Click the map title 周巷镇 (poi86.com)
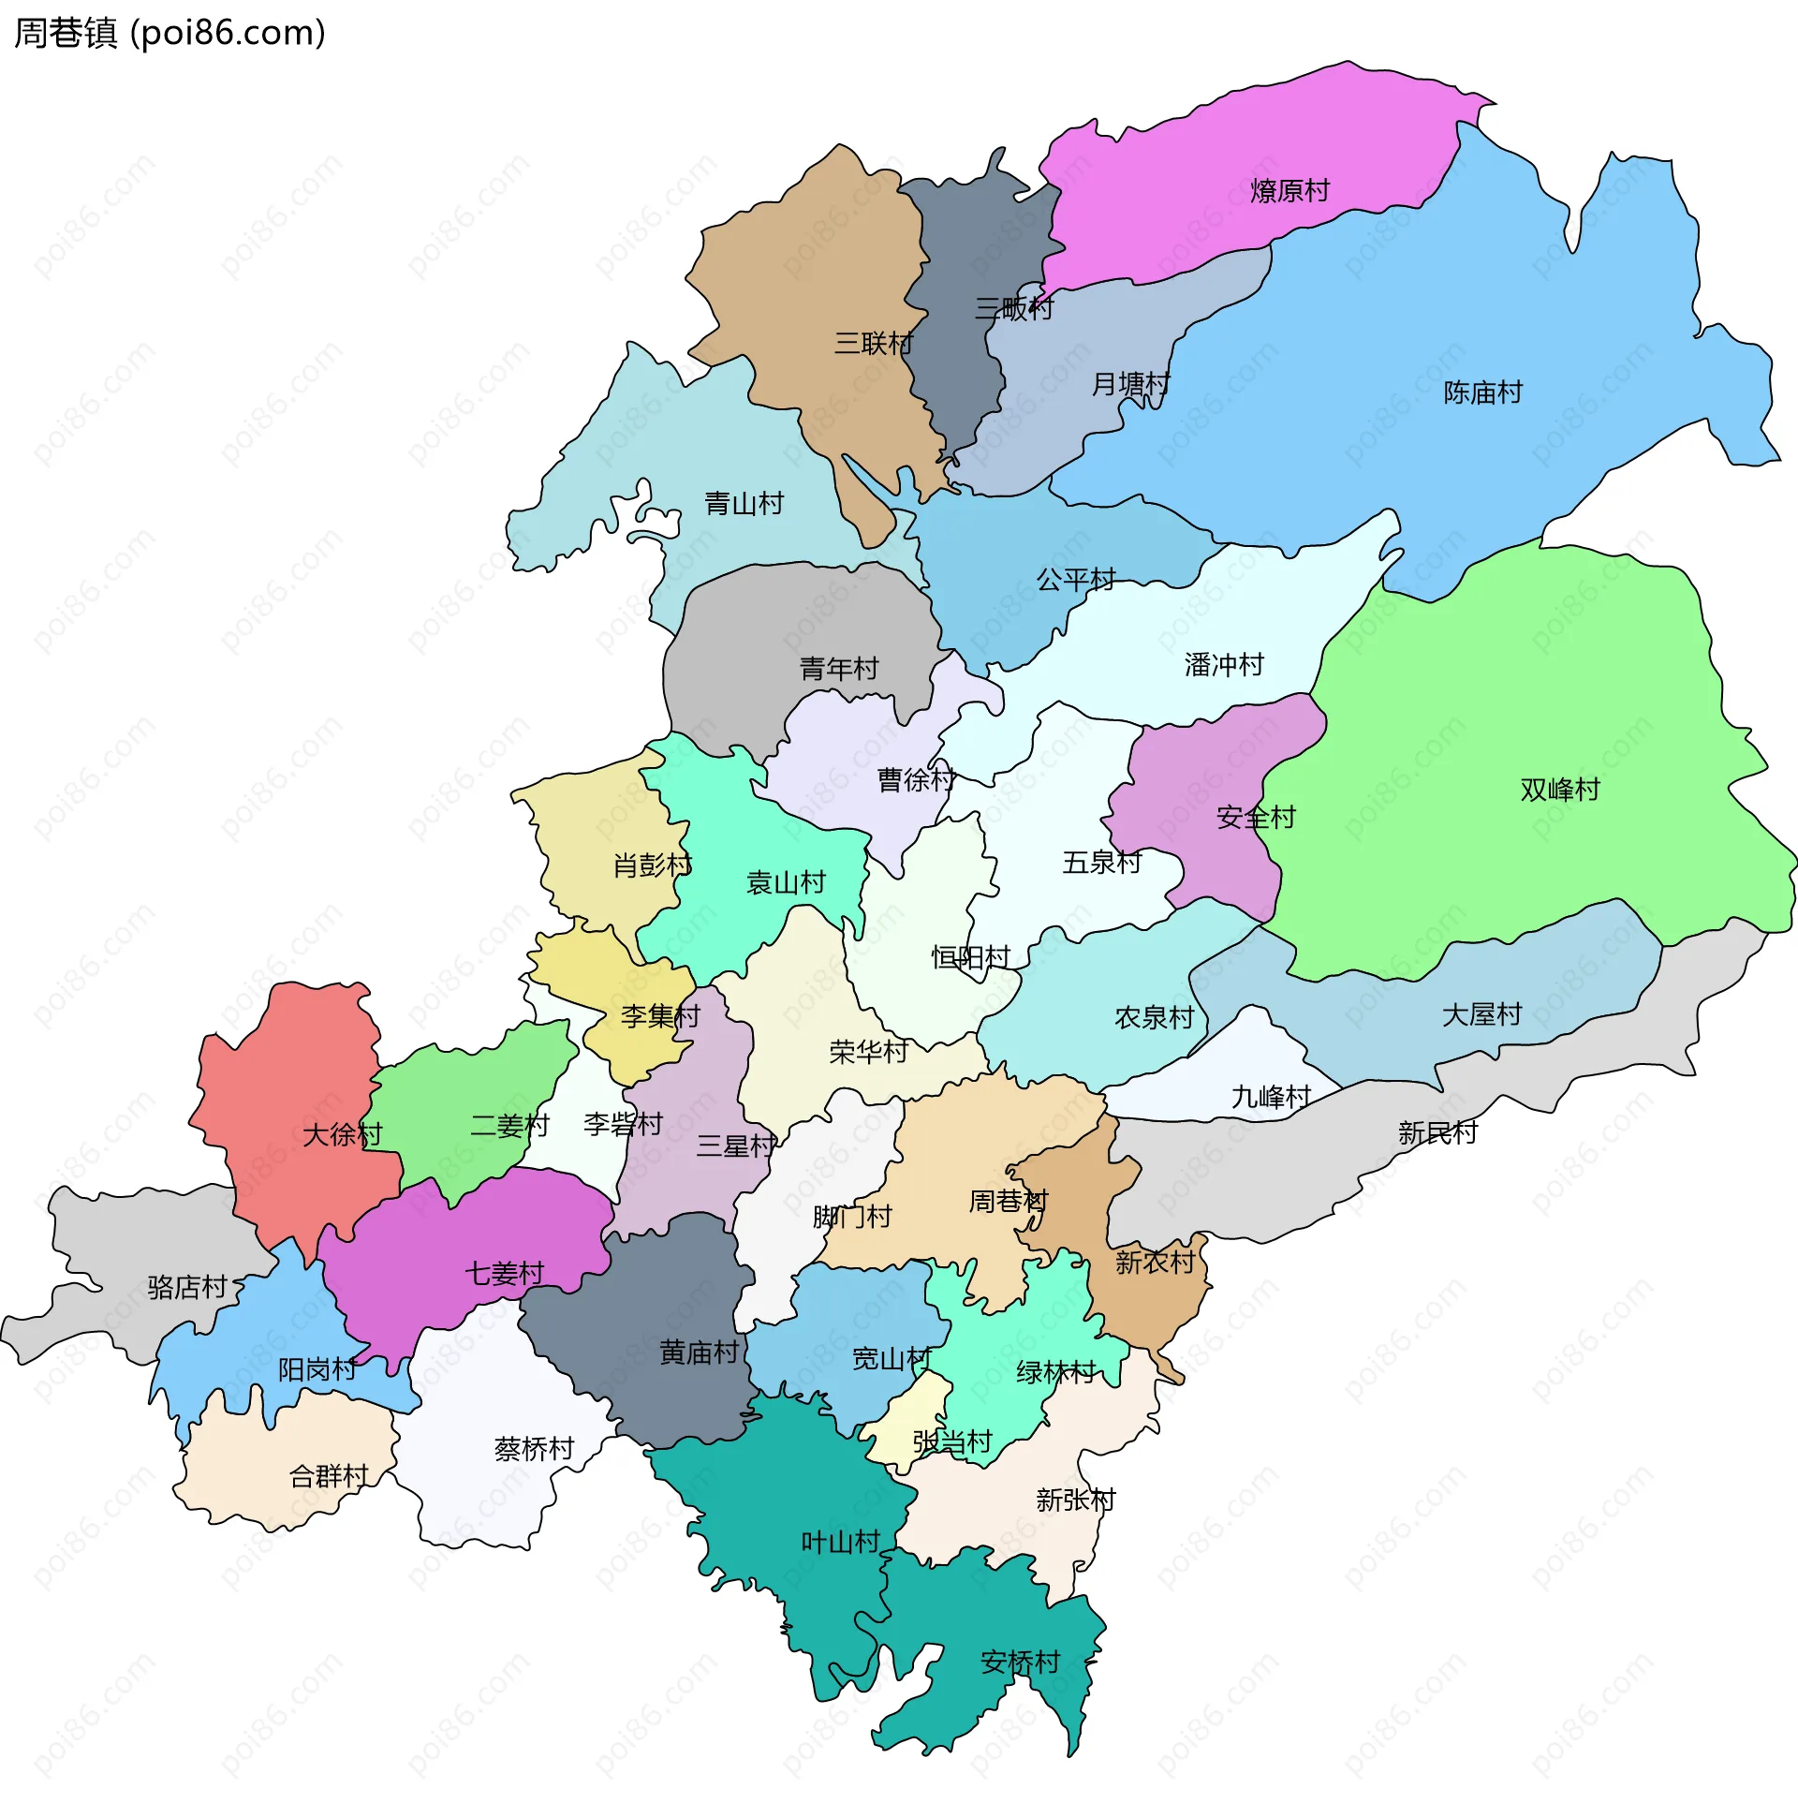(169, 33)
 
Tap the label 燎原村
(1289, 191)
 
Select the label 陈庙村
(1481, 392)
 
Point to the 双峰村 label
(1559, 790)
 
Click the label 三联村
(872, 344)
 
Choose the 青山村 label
(744, 503)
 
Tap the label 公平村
(1074, 580)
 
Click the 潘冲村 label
(1223, 665)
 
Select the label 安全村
(1255, 817)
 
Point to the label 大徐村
(342, 1134)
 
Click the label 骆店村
(187, 1286)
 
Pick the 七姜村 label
(505, 1273)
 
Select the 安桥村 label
(1019, 1662)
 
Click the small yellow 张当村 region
(904, 1412)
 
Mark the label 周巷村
(1008, 1201)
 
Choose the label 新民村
(1437, 1133)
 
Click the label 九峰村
(1270, 1097)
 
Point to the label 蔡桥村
(534, 1448)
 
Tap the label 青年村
(837, 669)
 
